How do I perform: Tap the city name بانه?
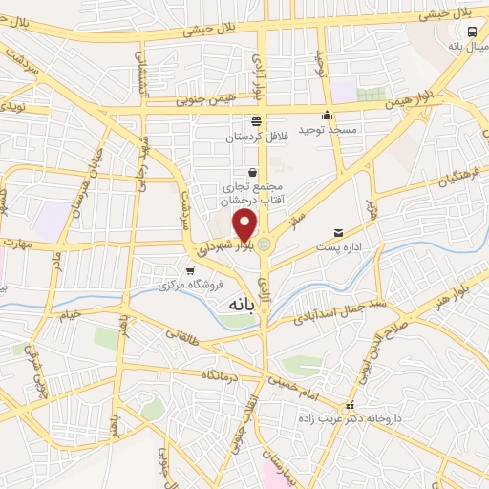pos(240,304)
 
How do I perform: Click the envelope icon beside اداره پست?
pos(338,233)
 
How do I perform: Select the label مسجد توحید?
pos(300,129)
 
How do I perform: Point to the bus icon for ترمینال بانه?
pos(472,32)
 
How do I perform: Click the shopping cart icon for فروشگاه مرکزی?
pos(190,270)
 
